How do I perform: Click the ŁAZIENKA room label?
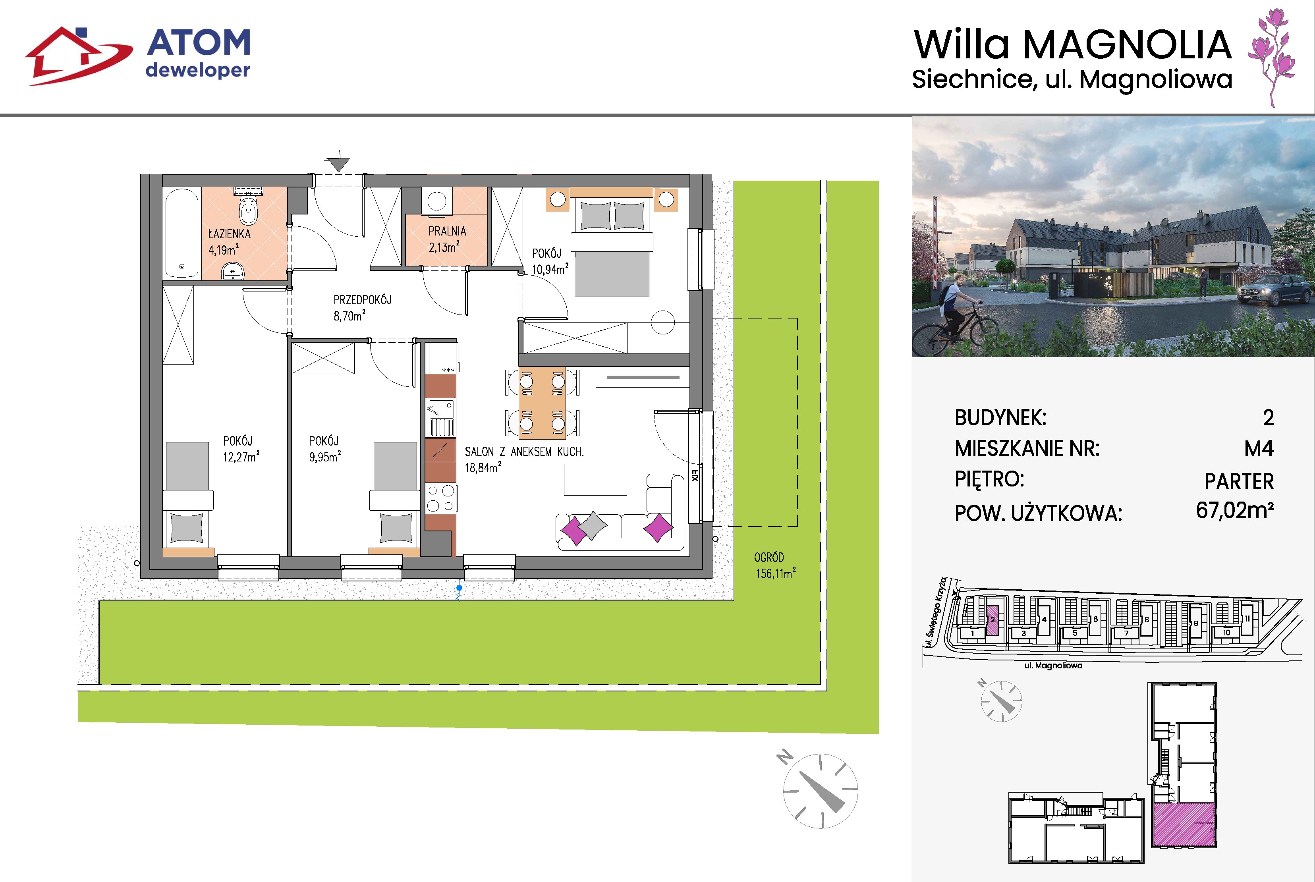pyautogui.click(x=230, y=234)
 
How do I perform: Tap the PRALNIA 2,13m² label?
pyautogui.click(x=447, y=239)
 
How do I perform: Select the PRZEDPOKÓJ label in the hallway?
pyautogui.click(x=362, y=300)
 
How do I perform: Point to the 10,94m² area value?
pyautogui.click(x=550, y=269)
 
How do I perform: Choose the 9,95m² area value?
pyautogui.click(x=324, y=457)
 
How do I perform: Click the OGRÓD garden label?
pyautogui.click(x=769, y=558)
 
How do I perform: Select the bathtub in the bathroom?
pyautogui.click(x=182, y=234)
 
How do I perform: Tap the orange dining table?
pyautogui.click(x=542, y=403)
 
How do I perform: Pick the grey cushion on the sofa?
pyautogui.click(x=593, y=525)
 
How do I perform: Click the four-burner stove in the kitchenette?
pyautogui.click(x=440, y=498)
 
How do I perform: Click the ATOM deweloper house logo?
pyautogui.click(x=79, y=56)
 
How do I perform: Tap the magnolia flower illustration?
pyautogui.click(x=1272, y=57)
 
